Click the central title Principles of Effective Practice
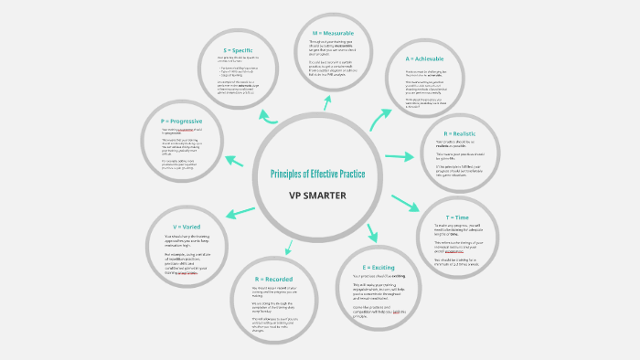point(317,174)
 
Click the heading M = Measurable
point(333,34)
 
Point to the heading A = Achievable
point(426,58)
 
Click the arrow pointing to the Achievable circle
point(380,118)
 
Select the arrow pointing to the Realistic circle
point(400,157)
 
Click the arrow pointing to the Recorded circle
point(289,245)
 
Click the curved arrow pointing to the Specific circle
point(270,116)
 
